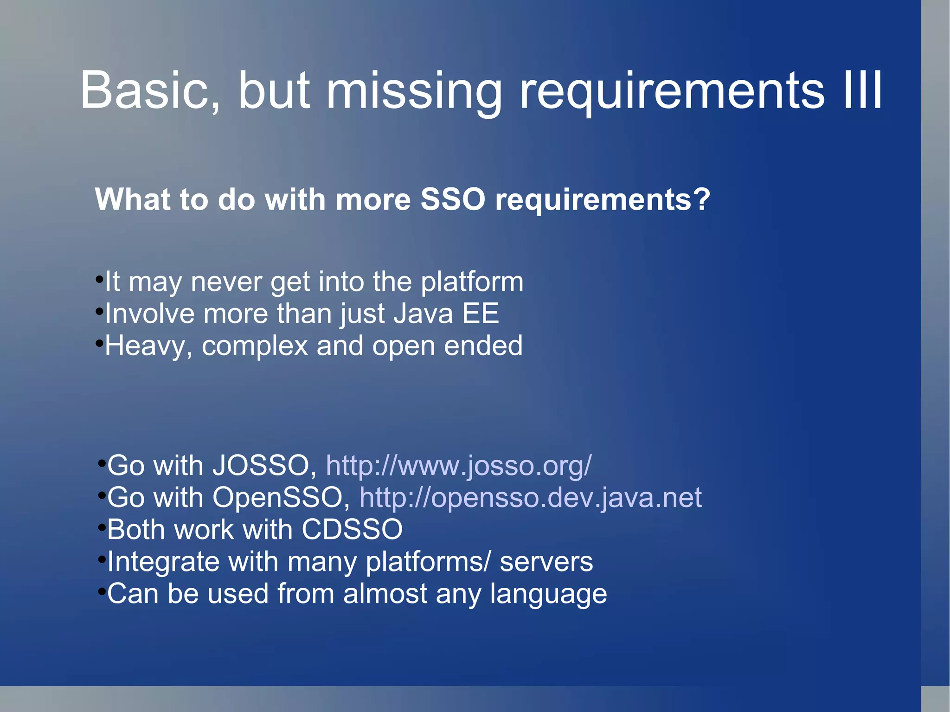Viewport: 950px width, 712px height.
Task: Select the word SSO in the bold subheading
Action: coord(453,199)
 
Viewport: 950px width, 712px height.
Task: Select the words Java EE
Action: coord(446,314)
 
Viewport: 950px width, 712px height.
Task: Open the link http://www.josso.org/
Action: coord(458,465)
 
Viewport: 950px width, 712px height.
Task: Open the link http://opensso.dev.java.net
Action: coord(530,498)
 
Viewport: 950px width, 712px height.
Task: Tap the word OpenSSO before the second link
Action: coord(277,498)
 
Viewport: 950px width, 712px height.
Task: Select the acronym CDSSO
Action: coord(352,530)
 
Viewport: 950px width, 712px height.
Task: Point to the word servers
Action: coord(546,562)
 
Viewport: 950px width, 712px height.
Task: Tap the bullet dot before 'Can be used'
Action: coord(102,591)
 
